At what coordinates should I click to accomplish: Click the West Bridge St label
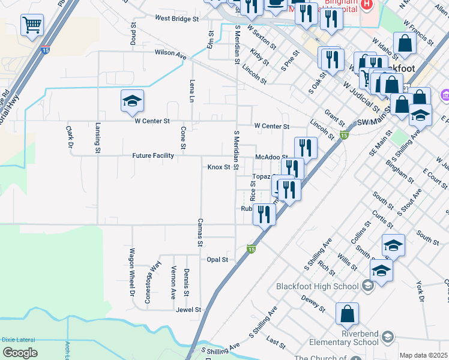(176, 19)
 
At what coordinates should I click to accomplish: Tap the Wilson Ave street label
(170, 53)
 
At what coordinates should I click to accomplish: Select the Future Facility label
(153, 155)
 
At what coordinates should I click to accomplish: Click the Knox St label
(219, 167)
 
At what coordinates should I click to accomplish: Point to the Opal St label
(217, 260)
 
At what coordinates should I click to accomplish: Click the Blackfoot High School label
(317, 286)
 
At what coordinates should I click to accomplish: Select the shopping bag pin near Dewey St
(347, 313)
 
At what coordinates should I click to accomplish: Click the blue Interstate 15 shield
(46, 50)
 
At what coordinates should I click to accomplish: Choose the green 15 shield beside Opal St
(251, 248)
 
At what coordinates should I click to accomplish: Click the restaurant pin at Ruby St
(264, 214)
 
